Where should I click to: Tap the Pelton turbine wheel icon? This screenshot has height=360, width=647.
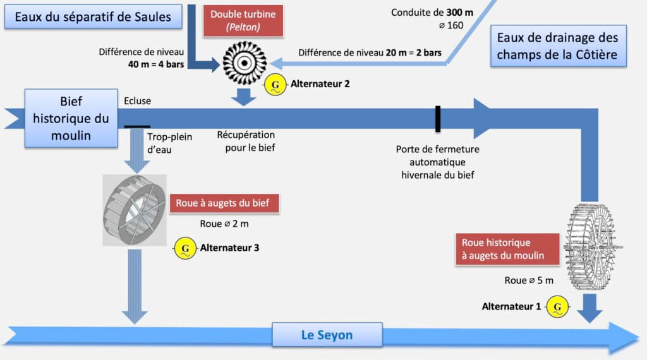point(245,63)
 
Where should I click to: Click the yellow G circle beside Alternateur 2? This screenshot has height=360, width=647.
point(274,83)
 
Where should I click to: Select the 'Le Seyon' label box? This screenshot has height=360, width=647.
point(327,335)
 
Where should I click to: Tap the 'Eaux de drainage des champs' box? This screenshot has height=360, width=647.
point(557,45)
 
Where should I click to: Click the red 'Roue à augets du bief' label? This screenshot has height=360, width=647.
point(223,204)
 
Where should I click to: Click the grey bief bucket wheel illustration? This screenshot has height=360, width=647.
point(135,210)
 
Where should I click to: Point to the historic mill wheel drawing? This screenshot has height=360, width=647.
point(592,247)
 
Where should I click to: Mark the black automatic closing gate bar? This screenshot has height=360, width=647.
point(437,119)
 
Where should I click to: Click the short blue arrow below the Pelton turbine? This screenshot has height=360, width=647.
point(244,97)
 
